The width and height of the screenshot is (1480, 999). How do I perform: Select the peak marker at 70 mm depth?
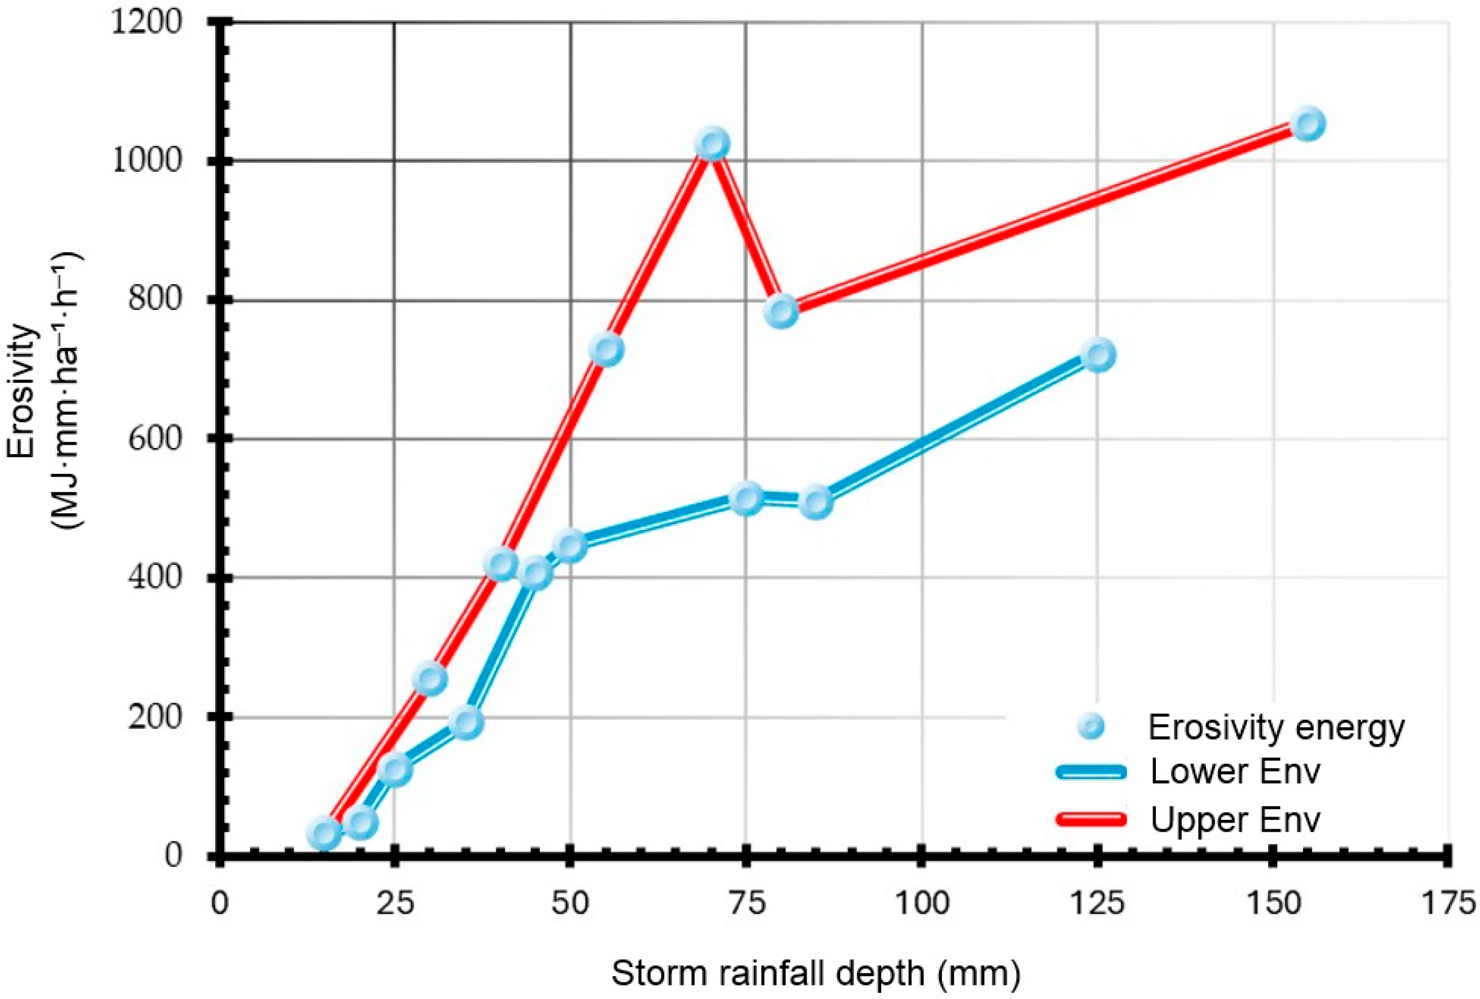[713, 143]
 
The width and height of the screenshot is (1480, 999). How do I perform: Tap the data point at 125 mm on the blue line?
[1098, 355]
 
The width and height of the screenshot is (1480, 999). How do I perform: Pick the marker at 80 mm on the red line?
[782, 311]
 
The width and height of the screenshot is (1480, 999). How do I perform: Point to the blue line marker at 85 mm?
[817, 501]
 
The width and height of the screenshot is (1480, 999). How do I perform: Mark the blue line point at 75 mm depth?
[747, 499]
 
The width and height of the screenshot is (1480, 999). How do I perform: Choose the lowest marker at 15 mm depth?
[324, 833]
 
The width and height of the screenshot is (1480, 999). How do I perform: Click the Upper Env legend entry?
[1188, 820]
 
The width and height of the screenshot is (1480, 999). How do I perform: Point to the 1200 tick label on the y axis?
[147, 22]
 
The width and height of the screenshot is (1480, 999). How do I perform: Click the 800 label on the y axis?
[155, 299]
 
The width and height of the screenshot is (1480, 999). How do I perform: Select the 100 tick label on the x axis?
[922, 904]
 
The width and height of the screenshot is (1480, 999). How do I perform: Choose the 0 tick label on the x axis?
[219, 904]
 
